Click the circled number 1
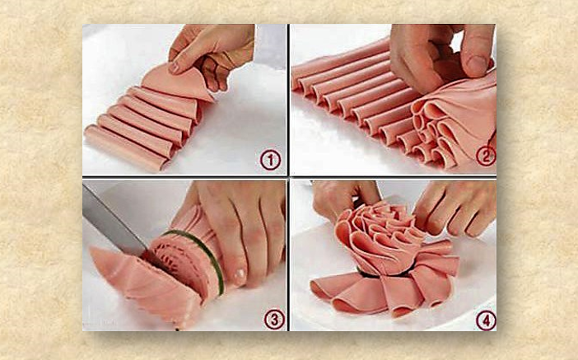point(270,160)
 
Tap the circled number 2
point(486,156)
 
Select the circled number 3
point(274,320)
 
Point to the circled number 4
point(486,320)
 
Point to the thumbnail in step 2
point(476,65)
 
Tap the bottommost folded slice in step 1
point(124,147)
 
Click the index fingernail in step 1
point(174,68)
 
